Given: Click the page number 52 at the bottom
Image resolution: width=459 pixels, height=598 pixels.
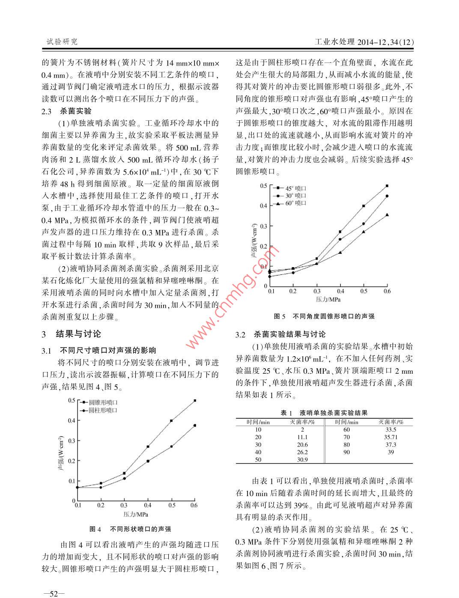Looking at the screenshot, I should coord(54,593).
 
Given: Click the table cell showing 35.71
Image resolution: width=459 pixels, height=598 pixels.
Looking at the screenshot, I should coord(390,437).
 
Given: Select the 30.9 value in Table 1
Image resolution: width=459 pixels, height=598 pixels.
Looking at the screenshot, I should coord(302,460).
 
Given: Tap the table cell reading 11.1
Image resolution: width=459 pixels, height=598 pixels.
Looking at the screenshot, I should coord(302,437).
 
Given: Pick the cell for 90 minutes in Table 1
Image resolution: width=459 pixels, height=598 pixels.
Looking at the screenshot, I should coord(346,452).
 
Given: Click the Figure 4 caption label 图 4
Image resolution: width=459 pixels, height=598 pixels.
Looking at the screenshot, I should coord(95,529).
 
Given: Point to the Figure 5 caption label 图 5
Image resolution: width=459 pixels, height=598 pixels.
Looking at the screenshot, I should coord(280,316).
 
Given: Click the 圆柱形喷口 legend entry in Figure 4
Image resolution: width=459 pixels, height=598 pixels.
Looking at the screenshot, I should coord(103,411).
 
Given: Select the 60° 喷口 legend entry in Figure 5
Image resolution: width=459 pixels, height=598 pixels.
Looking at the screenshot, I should coord(296,203).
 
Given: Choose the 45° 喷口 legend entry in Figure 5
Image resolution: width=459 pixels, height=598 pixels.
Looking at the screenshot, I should coord(296,188).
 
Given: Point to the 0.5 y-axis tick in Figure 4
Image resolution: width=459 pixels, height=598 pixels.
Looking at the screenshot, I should coord(72,401).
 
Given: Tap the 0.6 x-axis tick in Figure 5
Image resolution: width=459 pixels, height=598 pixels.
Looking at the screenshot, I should coord(387,292).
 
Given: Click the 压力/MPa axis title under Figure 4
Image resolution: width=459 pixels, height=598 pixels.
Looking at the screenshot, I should coord(136,514).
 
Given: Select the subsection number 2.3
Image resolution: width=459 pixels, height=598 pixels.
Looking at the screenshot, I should coord(47,111).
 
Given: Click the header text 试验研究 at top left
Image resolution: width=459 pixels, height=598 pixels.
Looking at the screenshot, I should coord(62,42).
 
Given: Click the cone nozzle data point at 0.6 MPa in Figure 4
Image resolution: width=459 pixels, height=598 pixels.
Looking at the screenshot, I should coord(195,401).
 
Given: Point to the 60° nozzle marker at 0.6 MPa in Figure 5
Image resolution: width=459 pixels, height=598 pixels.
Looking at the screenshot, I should coord(387,215).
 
